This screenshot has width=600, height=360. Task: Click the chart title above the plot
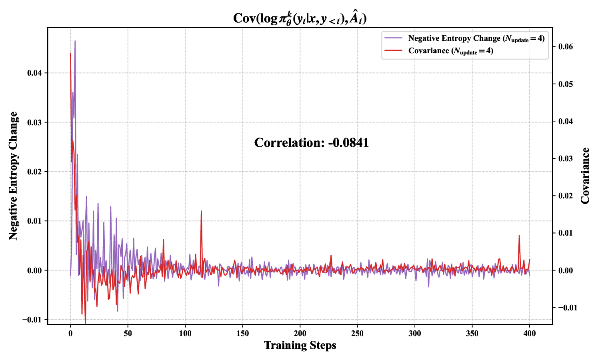tap(300, 18)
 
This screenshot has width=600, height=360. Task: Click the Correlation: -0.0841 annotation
tap(311, 143)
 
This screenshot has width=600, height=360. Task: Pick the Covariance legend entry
tap(450, 51)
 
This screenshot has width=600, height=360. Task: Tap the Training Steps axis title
tap(300, 345)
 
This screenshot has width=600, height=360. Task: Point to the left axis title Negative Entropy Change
tap(14, 176)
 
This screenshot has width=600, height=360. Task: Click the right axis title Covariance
tap(585, 176)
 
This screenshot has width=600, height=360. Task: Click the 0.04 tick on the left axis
tap(34, 73)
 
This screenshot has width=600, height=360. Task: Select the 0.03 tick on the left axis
tap(34, 122)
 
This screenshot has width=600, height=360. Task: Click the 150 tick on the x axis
tap(242, 333)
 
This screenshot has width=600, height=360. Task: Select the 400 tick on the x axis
tap(530, 333)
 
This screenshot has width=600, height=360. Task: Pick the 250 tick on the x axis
tap(357, 333)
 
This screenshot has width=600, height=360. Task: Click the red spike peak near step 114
tap(201, 211)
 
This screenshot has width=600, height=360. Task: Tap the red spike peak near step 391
tap(519, 236)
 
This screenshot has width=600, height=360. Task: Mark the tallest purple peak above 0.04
tap(75, 41)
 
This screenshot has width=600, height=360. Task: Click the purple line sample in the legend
tap(393, 38)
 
